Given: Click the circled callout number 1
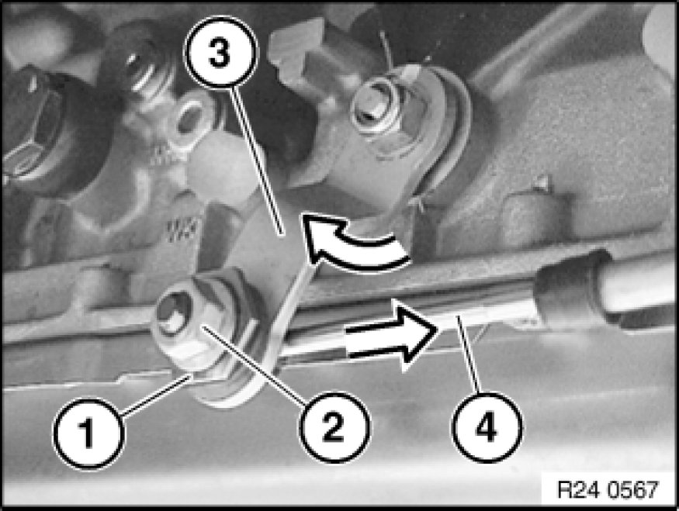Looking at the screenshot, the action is click(88, 433).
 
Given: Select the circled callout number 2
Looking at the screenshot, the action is click(334, 427).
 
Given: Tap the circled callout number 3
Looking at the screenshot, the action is click(221, 52).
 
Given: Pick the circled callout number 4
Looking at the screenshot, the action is click(487, 427).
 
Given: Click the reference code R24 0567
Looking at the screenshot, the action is click(607, 489).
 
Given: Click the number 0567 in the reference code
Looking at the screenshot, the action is click(633, 489).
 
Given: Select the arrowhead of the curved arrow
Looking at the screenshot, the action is click(320, 236).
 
